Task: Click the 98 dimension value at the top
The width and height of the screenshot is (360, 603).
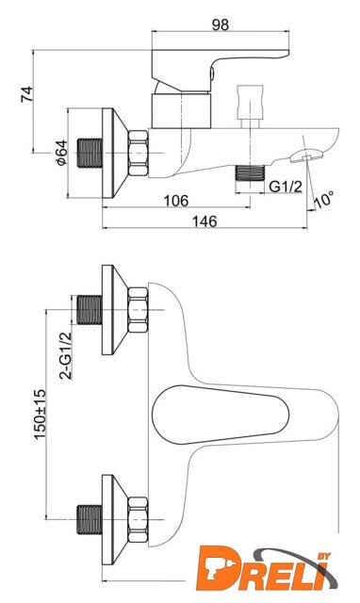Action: (220, 24)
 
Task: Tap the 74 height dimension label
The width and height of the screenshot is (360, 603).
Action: (27, 94)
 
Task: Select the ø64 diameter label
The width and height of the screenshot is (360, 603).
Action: (60, 153)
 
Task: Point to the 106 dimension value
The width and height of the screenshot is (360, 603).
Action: (176, 200)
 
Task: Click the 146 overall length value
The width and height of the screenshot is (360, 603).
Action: (205, 221)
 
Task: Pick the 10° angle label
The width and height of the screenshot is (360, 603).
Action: (324, 199)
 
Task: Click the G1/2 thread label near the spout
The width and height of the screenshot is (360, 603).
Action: (286, 187)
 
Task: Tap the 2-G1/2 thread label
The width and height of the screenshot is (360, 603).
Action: (66, 355)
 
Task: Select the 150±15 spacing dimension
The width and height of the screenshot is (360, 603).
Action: (40, 414)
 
